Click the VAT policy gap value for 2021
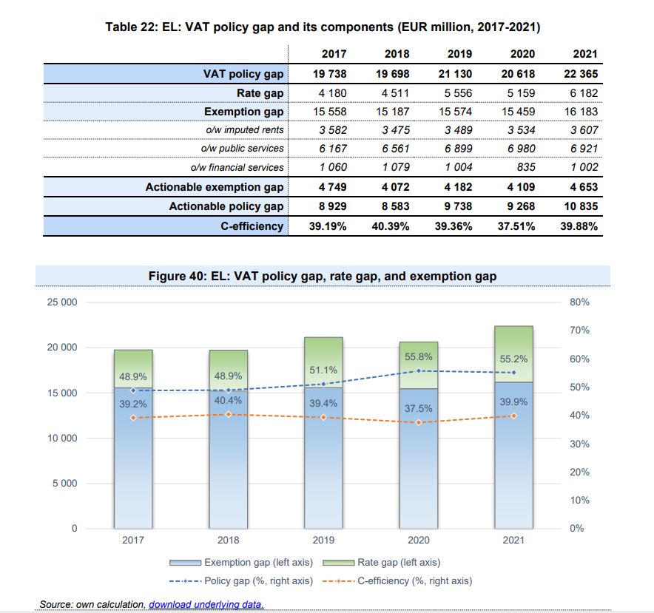(581, 74)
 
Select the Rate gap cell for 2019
(455, 93)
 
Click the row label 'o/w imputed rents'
(237, 130)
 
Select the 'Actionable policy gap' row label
(226, 206)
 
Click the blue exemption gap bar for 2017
(133, 473)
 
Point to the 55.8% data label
(419, 356)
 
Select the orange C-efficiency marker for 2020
(419, 422)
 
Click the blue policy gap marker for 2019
(323, 384)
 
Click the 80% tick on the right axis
(580, 302)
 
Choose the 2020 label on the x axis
(419, 541)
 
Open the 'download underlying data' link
(206, 605)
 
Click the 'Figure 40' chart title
(323, 276)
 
